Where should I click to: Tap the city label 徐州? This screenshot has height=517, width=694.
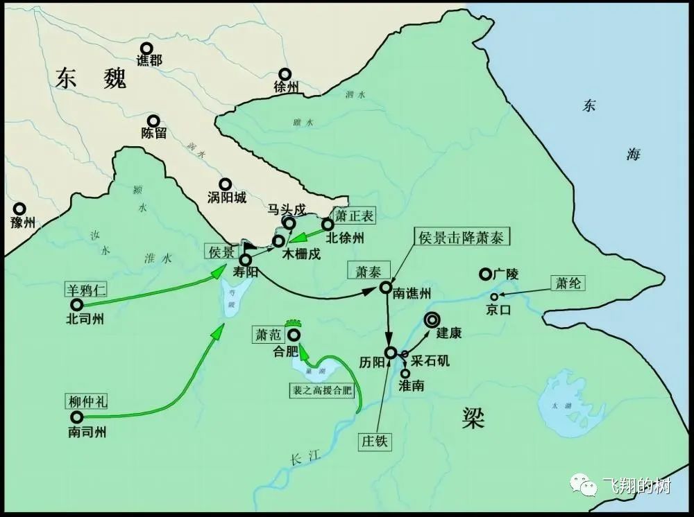[286, 87]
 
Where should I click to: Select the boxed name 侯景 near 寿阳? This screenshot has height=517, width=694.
[222, 252]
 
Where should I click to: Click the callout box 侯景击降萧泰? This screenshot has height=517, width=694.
[460, 237]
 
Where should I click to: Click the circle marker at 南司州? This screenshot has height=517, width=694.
[76, 417]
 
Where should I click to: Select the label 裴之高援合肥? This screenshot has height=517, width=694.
[321, 390]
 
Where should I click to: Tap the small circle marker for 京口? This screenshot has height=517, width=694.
[494, 297]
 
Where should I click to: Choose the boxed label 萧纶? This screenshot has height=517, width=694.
[567, 283]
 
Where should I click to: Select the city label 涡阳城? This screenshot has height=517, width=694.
[227, 198]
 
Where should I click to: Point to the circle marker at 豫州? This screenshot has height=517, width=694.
[19, 209]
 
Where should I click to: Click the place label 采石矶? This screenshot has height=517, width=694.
[430, 361]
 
